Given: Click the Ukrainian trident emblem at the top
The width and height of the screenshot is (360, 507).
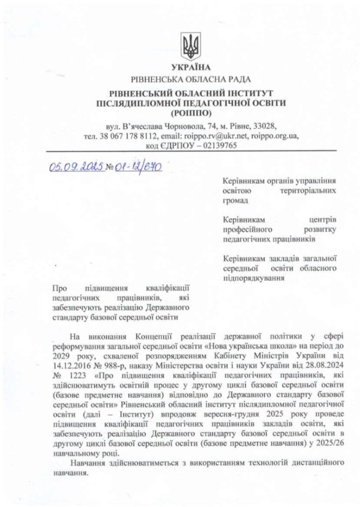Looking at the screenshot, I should [x=191, y=46].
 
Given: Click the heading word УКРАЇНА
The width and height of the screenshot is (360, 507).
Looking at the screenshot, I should [x=191, y=67].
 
